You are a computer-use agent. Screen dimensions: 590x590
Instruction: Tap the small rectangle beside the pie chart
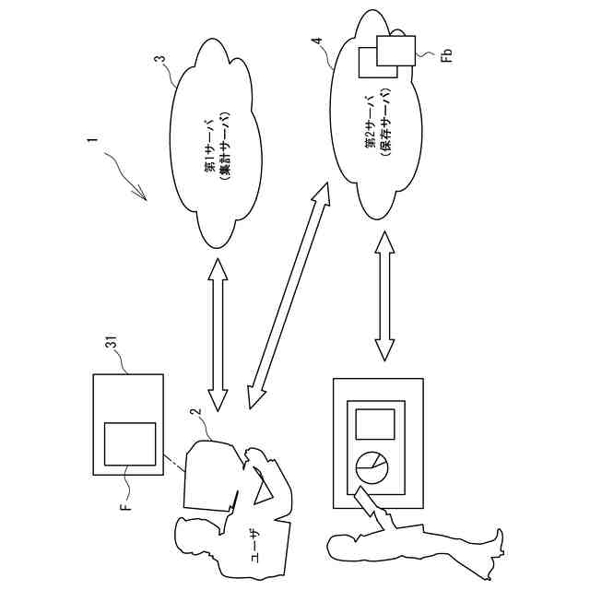[374, 423]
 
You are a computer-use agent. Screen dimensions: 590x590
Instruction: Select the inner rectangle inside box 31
[129, 443]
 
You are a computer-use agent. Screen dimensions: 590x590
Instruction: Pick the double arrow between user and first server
[218, 334]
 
